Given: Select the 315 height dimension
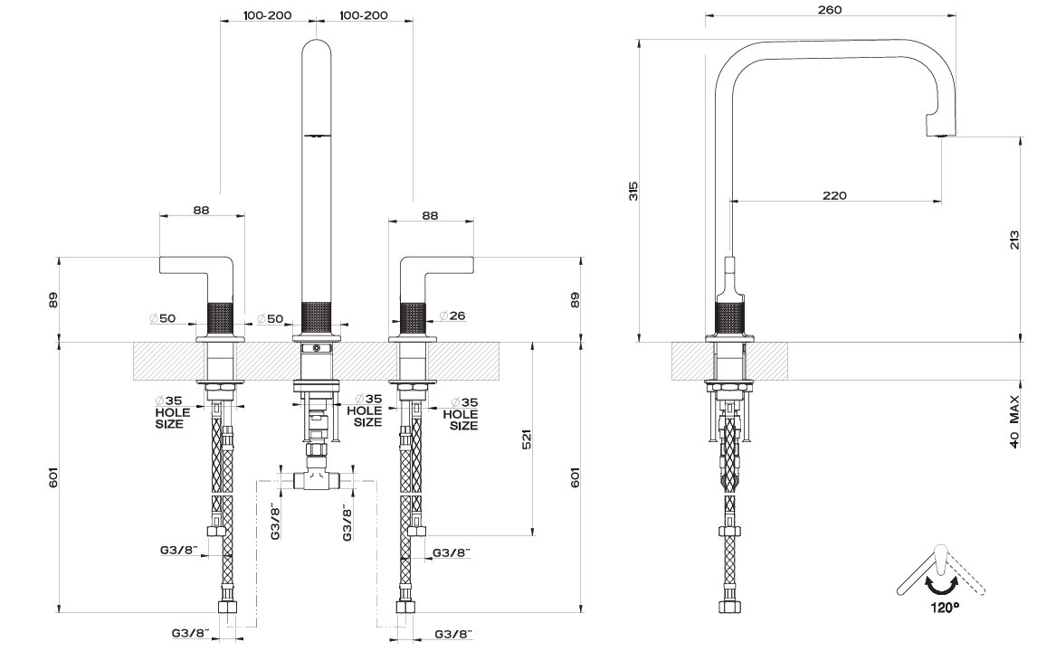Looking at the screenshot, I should pyautogui.click(x=633, y=191).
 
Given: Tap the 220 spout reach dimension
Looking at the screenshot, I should pyautogui.click(x=834, y=195).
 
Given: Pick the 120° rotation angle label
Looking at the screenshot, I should pyautogui.click(x=944, y=608).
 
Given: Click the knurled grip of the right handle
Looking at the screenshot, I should pyautogui.click(x=413, y=316).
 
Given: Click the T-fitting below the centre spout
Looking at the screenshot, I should pyautogui.click(x=316, y=481).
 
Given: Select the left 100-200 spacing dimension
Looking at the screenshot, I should pyautogui.click(x=268, y=15).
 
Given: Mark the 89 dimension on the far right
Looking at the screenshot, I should pyautogui.click(x=576, y=299).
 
